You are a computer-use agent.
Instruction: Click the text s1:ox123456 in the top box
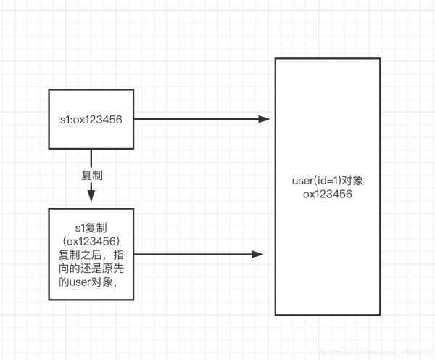[x=91, y=120]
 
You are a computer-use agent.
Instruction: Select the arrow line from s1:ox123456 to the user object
[x=196, y=119]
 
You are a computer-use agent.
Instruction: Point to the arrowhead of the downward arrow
[x=91, y=196]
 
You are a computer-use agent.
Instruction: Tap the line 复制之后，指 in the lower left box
[x=91, y=255]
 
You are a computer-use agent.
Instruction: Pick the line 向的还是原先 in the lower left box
[x=91, y=269]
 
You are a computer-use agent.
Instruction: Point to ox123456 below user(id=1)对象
[x=328, y=194]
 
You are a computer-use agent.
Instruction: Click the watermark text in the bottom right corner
[x=377, y=351]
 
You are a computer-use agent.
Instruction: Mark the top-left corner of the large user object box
[x=275, y=58]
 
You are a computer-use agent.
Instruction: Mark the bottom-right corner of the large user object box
[x=381, y=314]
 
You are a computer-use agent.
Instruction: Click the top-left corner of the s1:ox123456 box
[x=49, y=90]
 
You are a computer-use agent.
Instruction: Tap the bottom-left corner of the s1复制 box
[x=49, y=300]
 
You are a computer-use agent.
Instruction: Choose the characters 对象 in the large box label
[x=352, y=180]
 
